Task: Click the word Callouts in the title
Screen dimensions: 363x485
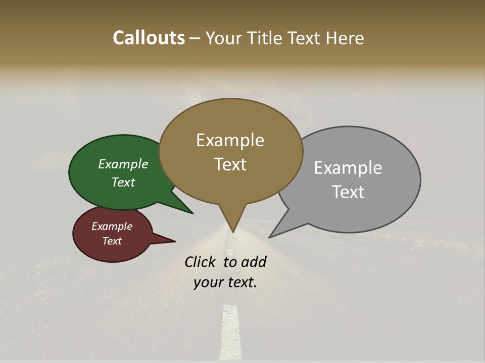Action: (149, 38)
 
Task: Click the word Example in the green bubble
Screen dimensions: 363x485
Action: (123, 164)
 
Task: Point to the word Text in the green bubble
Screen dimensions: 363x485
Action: (123, 182)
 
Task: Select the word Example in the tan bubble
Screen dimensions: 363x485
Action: (230, 140)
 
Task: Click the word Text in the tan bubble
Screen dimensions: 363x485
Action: (230, 164)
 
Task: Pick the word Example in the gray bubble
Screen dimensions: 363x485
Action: (348, 168)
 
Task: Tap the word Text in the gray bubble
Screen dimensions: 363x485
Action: (348, 192)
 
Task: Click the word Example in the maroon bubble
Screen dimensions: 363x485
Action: (112, 226)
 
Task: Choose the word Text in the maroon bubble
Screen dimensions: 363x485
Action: (112, 241)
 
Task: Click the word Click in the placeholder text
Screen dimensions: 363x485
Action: (201, 262)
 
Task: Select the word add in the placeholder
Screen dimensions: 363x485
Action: (254, 262)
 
